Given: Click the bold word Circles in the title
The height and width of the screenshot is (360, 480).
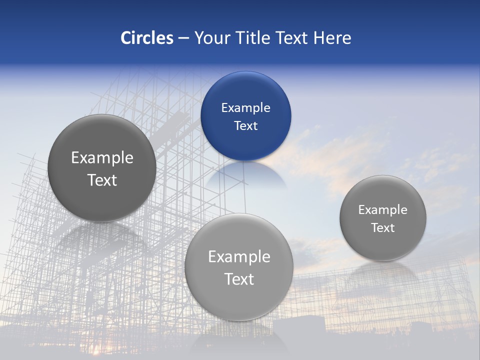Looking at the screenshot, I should click(147, 38).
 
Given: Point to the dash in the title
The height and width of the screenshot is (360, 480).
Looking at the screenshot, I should click(183, 38).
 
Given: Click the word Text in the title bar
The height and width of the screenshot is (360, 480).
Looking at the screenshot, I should click(293, 38).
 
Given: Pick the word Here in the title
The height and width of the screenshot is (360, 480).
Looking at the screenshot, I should click(332, 38).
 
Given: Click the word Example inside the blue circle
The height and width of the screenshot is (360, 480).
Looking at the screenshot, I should click(245, 107).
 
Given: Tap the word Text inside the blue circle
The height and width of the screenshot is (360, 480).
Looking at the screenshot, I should click(245, 125).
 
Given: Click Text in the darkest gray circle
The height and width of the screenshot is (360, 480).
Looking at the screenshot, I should click(102, 180).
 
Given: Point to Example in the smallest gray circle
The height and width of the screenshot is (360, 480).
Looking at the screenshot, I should click(382, 209).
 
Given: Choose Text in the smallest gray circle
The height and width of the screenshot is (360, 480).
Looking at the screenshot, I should click(382, 227).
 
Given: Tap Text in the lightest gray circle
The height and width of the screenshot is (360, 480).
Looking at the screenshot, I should click(239, 278).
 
